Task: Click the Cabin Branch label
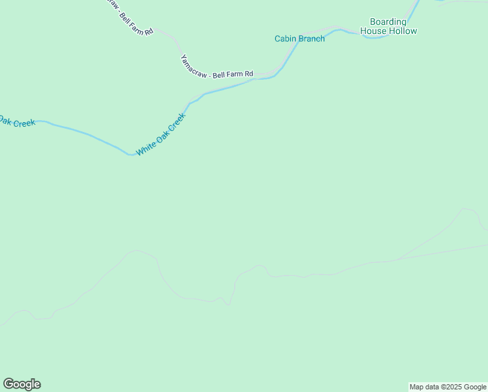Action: (x=299, y=39)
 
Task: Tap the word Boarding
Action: (x=388, y=22)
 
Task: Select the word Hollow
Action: (x=403, y=31)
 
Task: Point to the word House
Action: (x=374, y=31)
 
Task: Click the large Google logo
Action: (x=22, y=384)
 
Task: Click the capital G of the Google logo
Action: (x=8, y=384)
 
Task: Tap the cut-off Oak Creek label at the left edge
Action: (x=16, y=122)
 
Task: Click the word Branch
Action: (x=312, y=39)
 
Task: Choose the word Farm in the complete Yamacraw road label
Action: (x=234, y=74)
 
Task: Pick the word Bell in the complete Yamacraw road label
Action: (x=219, y=75)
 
